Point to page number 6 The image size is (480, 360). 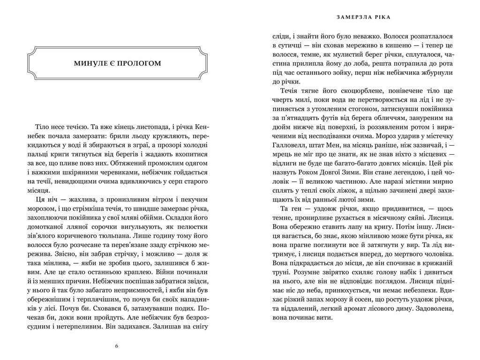(x=117, y=346)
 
